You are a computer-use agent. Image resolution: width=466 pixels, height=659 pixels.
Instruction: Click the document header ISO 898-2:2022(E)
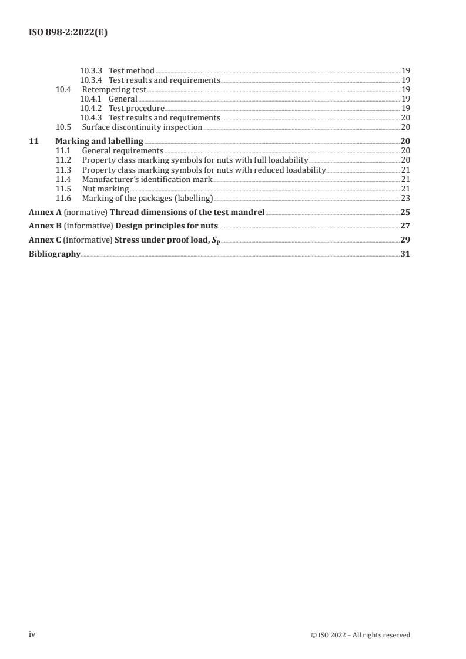[68, 33]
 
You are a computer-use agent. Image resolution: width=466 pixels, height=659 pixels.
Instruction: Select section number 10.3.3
[91, 70]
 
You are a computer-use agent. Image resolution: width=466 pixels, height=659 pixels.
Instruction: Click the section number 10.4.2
[91, 108]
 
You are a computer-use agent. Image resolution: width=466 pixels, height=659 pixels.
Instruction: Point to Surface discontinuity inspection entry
[142, 127]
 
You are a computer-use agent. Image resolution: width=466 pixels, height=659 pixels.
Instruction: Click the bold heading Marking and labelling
[99, 141]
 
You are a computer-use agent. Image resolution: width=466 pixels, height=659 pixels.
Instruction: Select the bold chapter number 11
[33, 141]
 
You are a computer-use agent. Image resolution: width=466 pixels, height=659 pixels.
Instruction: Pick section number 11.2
[63, 160]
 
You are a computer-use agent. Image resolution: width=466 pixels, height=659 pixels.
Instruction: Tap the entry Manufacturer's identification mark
[147, 179]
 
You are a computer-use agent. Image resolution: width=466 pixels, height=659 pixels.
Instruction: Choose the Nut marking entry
[105, 188]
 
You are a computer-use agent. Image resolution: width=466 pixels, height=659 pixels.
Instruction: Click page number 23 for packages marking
[405, 197]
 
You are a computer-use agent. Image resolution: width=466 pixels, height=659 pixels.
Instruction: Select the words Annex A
[41, 211]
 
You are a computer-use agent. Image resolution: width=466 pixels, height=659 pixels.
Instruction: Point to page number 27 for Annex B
[405, 226]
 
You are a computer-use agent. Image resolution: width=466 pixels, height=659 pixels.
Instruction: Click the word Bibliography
[55, 254]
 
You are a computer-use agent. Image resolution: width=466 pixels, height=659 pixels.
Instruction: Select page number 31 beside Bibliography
[405, 254]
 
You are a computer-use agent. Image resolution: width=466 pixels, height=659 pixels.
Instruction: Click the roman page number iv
[32, 634]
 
